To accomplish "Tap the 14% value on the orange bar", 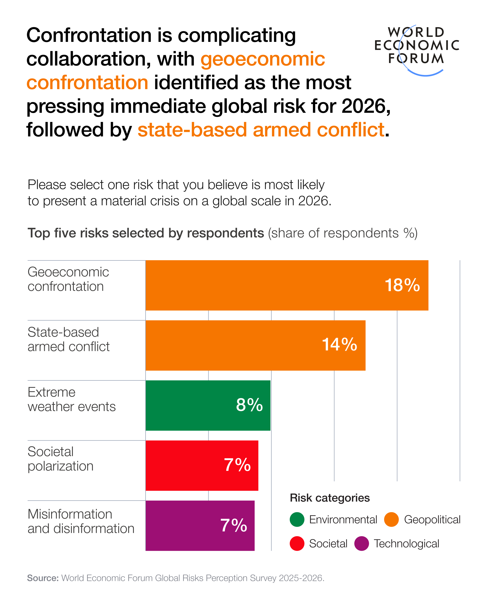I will coord(339,344).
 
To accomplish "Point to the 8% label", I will coord(249,405).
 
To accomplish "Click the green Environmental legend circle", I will coord(297,520).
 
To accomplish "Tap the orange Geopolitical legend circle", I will coord(391,520).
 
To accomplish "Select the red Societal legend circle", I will coord(297,543).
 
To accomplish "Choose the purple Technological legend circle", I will coord(361,543).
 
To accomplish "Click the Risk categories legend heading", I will coord(330,498).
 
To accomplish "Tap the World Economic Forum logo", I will coord(417,47).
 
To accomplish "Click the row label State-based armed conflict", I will coord(68,339).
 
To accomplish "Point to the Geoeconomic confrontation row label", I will coord(68,279).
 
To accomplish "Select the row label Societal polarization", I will coord(60,459).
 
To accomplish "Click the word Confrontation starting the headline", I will coord(89,35).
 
